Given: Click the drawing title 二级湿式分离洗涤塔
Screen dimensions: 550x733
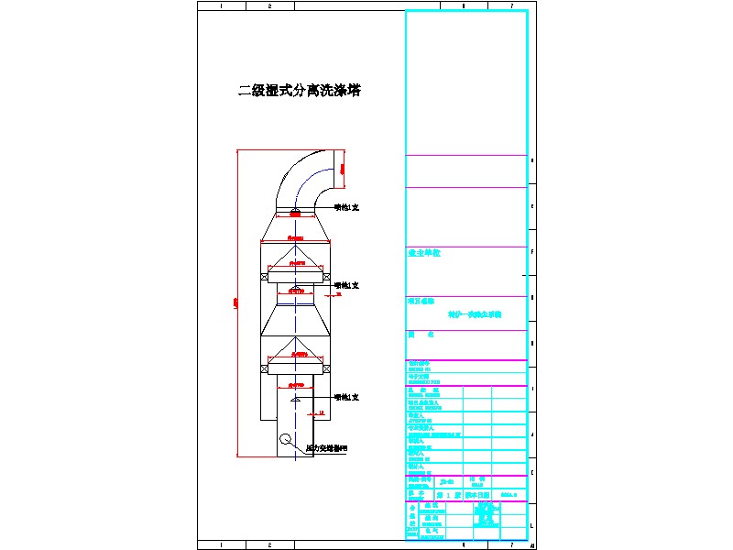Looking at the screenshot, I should [300, 91].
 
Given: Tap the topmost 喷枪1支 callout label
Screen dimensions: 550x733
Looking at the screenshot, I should [346, 208].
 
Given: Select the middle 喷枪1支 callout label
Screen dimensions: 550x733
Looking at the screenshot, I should [346, 286].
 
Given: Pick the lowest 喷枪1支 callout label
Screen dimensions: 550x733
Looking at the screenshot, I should [346, 397].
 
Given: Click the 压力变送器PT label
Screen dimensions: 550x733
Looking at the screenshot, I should [326, 448].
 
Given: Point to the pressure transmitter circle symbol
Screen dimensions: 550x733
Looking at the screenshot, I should [287, 439].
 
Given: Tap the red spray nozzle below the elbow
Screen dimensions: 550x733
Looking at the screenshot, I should [295, 214].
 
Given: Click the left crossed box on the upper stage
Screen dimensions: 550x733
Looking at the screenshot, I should [264, 277].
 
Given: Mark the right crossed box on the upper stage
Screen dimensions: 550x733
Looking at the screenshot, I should [327, 277].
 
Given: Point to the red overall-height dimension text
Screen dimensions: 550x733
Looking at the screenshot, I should [236, 302].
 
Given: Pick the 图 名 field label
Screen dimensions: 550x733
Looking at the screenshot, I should [421, 335].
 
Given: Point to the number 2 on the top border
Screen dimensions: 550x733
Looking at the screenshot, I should [269, 5].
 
